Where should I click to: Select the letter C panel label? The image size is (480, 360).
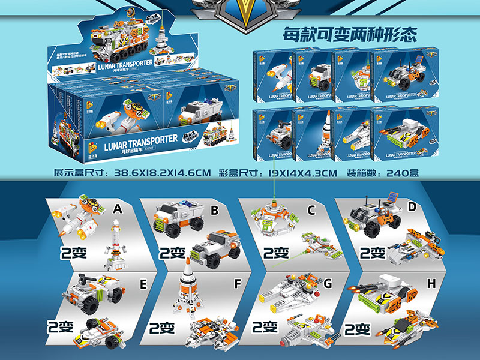point(311,210)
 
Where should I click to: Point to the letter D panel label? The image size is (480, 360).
point(412,207)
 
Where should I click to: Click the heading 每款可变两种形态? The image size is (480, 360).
point(350,34)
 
